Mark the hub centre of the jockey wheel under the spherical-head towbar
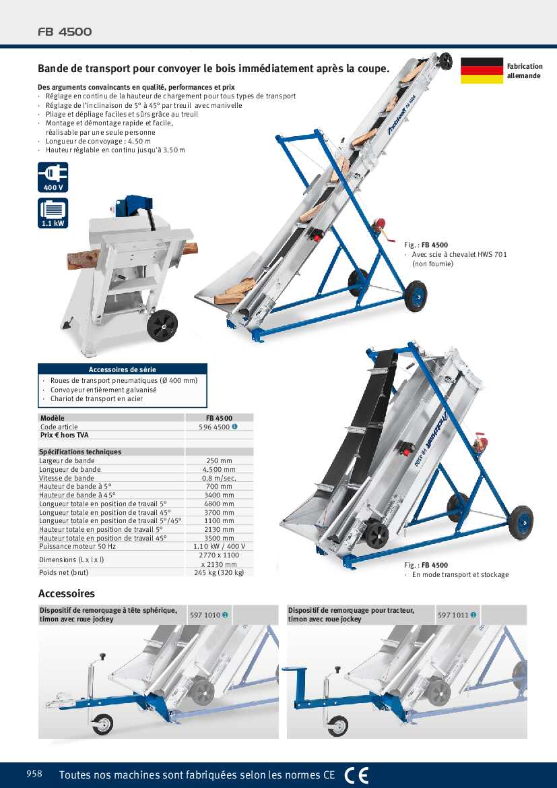pyautogui.click(x=102, y=724)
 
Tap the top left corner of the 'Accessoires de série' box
pyautogui.click(x=38, y=365)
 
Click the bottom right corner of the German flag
pyautogui.click(x=503, y=84)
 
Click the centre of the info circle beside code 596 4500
pyautogui.click(x=235, y=427)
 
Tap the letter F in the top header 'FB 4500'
pyautogui.click(x=42, y=32)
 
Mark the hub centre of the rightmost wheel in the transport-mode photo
pyautogui.click(x=521, y=522)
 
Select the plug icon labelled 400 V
pyautogui.click(x=53, y=177)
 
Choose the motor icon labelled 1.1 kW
pyautogui.click(x=53, y=213)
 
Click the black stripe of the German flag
pyautogui.click(x=482, y=62)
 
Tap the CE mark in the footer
pyautogui.click(x=356, y=775)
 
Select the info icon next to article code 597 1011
pyautogui.click(x=473, y=615)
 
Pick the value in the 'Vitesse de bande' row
pyautogui.click(x=219, y=478)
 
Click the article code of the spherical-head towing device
pyautogui.click(x=205, y=615)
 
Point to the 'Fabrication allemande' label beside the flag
pyautogui.click(x=525, y=71)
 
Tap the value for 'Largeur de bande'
pyautogui.click(x=219, y=460)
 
